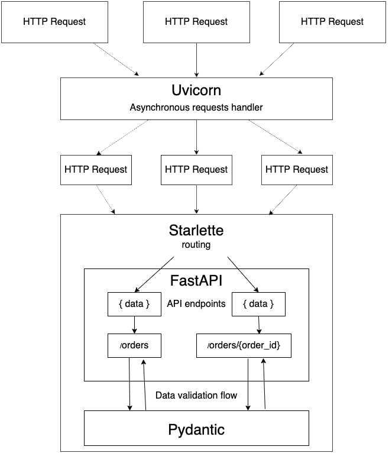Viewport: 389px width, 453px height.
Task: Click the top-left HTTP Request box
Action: pos(54,21)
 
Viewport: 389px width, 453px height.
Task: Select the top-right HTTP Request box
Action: pos(332,21)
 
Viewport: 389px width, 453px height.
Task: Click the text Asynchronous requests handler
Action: pos(196,108)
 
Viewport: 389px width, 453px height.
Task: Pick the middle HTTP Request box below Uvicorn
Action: pos(196,169)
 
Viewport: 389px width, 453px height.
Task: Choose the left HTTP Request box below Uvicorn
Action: pos(96,169)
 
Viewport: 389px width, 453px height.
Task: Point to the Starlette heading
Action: pos(196,230)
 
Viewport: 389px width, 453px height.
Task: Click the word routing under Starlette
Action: pos(196,244)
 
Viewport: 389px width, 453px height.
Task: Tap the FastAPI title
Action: pos(196,279)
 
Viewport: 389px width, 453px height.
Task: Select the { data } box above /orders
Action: pos(135,304)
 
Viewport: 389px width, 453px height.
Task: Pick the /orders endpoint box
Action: pos(135,345)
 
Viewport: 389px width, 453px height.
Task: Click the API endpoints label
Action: pos(196,304)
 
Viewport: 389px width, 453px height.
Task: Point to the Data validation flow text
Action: pos(196,395)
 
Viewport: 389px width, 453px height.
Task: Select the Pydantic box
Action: pos(196,429)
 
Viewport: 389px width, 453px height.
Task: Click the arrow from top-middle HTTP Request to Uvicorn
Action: pos(196,59)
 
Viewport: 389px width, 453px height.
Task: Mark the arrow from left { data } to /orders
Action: pos(135,325)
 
